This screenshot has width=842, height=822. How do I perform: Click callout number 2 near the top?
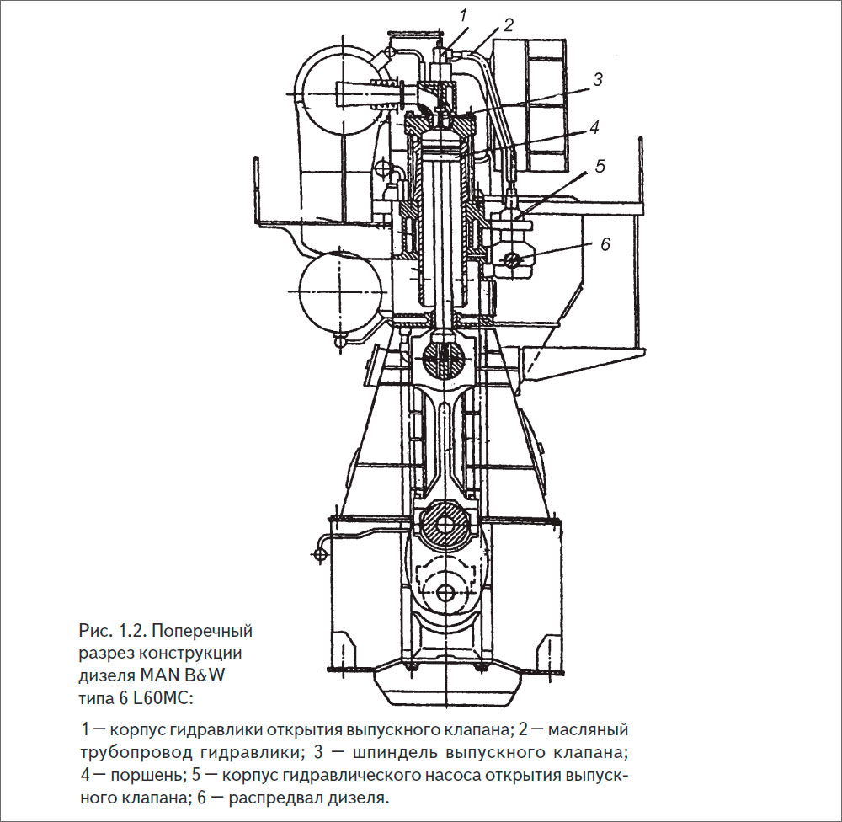tap(509, 24)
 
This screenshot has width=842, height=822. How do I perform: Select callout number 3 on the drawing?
tap(598, 79)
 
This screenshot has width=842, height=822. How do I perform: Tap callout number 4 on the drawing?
tap(594, 127)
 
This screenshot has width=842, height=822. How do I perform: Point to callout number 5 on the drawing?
tap(600, 165)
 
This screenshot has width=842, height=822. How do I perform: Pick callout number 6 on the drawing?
tap(605, 244)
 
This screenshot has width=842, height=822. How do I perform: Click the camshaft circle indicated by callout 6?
tap(514, 260)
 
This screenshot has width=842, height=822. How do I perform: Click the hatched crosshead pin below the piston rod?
tap(444, 356)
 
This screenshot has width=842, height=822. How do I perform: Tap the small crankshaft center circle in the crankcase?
tap(444, 593)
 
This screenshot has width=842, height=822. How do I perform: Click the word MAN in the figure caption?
tap(159, 675)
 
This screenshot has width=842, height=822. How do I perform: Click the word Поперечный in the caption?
tap(202, 631)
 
